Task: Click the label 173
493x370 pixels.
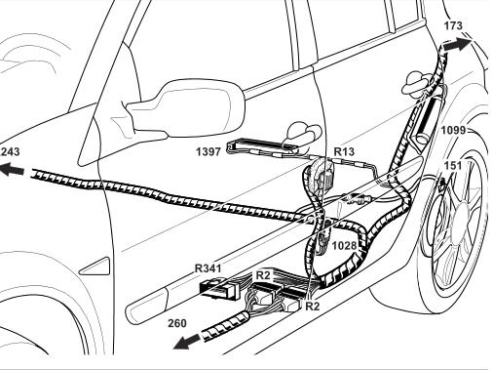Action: pyautogui.click(x=453, y=25)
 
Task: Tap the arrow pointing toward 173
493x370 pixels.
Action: pyautogui.click(x=457, y=44)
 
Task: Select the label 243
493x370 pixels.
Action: pyautogui.click(x=10, y=152)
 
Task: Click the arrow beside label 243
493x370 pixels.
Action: pyautogui.click(x=13, y=169)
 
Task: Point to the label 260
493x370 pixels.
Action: pyautogui.click(x=177, y=323)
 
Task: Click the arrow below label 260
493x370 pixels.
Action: pyautogui.click(x=187, y=342)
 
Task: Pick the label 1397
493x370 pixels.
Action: pyautogui.click(x=209, y=151)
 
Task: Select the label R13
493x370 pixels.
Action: pyautogui.click(x=344, y=151)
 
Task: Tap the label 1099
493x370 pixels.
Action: pyautogui.click(x=453, y=130)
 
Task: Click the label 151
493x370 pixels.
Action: pyautogui.click(x=452, y=166)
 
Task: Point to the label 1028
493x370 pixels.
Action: pyautogui.click(x=345, y=245)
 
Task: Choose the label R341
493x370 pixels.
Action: pyautogui.click(x=208, y=268)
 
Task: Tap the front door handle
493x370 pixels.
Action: pyautogui.click(x=301, y=134)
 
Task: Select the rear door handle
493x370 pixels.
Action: pyautogui.click(x=417, y=83)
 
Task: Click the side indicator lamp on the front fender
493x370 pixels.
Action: pyautogui.click(x=95, y=267)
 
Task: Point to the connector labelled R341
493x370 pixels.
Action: pyautogui.click(x=218, y=289)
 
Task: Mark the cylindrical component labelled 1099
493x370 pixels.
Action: pyautogui.click(x=427, y=120)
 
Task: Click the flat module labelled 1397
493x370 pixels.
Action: pyautogui.click(x=262, y=146)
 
